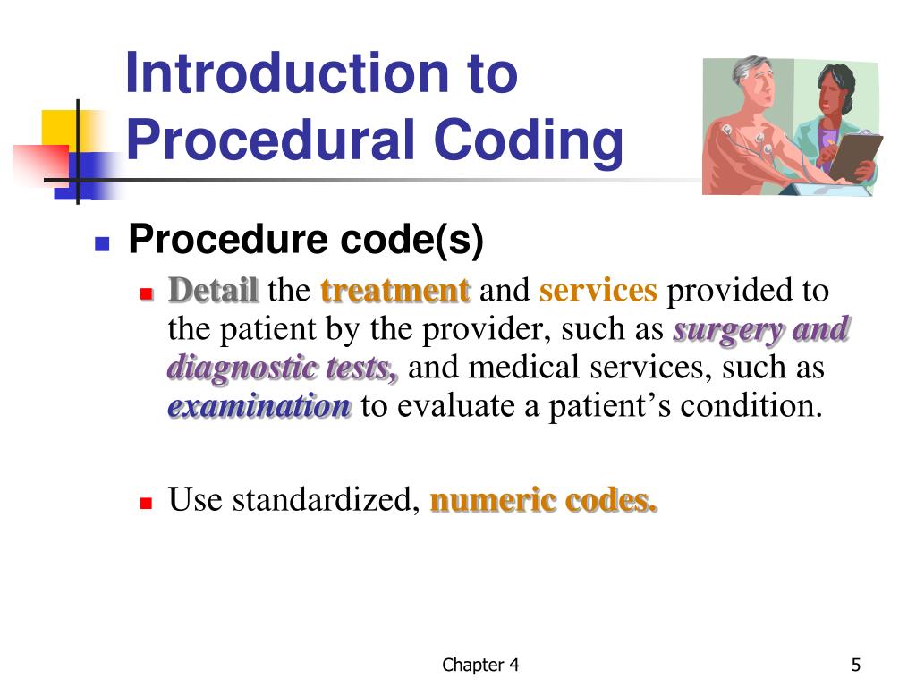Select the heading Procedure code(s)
(x=306, y=240)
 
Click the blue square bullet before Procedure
(x=102, y=243)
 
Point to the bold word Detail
(x=214, y=291)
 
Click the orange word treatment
(x=394, y=291)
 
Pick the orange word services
(x=598, y=291)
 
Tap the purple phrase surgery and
(x=760, y=329)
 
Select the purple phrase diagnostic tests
(x=283, y=368)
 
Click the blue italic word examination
(x=260, y=406)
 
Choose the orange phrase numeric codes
(x=544, y=500)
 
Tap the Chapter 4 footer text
(x=481, y=665)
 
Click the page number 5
(x=856, y=665)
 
